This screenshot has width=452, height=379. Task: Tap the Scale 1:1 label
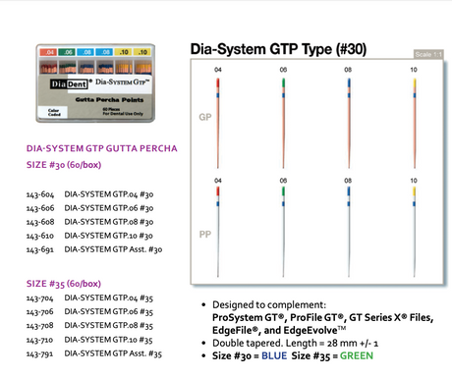click(430, 55)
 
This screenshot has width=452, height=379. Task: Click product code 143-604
click(39, 194)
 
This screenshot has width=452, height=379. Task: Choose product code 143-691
click(39, 250)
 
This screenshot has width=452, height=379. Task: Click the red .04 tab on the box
click(44, 47)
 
